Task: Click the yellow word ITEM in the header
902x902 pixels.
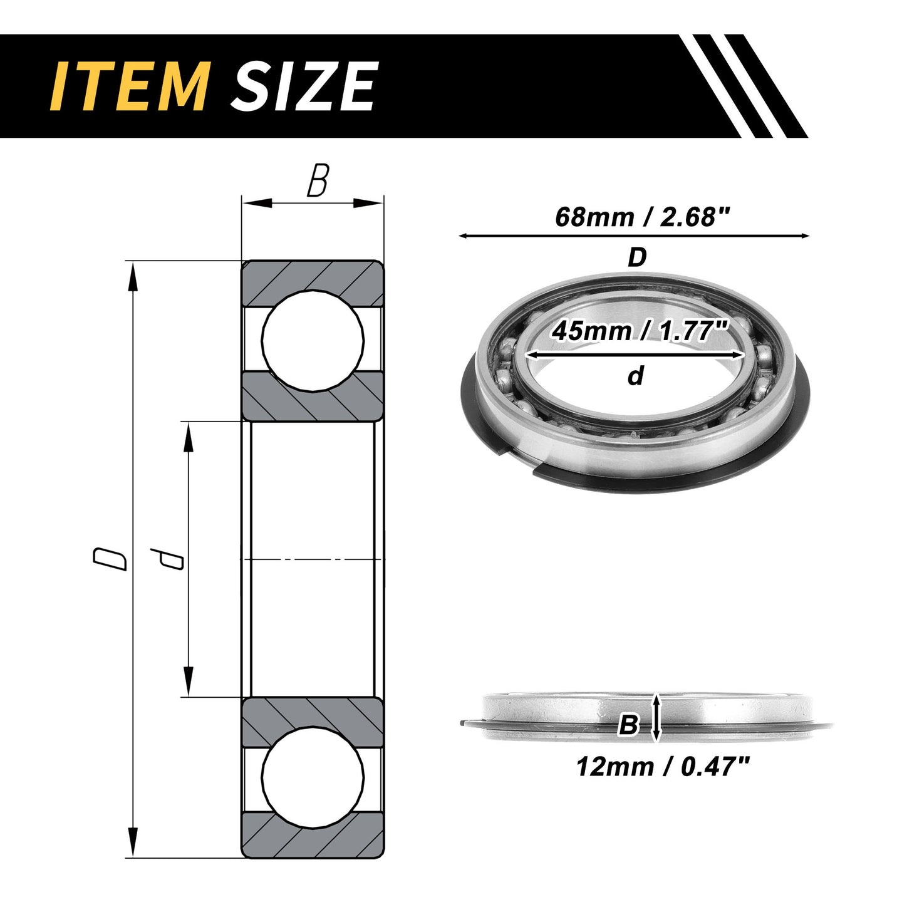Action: (129, 86)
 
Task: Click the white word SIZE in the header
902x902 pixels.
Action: (303, 86)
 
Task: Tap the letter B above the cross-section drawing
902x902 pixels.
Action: (318, 180)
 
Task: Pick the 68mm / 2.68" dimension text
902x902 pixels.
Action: (642, 217)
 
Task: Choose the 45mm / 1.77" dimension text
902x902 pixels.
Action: (640, 331)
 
